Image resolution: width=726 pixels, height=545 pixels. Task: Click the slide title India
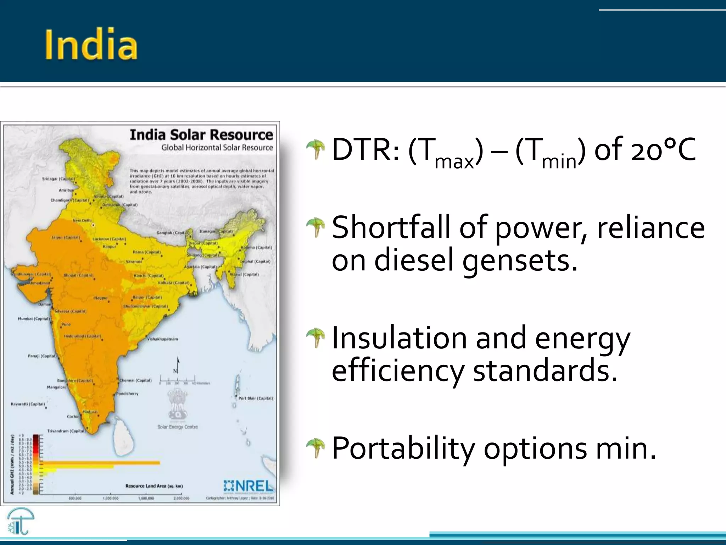tap(91, 45)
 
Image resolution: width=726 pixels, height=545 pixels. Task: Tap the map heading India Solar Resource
tap(201, 135)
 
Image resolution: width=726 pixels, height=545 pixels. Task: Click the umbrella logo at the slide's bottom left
tap(21, 521)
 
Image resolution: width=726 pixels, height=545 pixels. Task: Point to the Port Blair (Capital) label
tap(256, 398)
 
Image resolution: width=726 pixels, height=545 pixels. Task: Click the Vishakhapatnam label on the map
tap(163, 339)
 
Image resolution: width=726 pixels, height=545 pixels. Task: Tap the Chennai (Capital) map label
tap(136, 380)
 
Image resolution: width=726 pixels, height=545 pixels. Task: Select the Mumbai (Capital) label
tap(34, 319)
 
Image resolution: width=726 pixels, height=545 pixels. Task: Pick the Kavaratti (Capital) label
tap(28, 404)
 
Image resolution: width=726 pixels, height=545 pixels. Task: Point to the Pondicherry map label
tap(128, 393)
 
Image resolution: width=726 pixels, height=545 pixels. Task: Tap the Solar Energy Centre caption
tap(178, 427)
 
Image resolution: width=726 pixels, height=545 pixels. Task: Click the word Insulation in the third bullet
tap(399, 338)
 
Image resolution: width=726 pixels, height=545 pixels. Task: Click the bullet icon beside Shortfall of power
tap(315, 227)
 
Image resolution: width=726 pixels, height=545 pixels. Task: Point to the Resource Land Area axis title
tap(154, 486)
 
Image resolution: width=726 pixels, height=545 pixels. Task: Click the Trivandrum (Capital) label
tap(66, 431)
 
